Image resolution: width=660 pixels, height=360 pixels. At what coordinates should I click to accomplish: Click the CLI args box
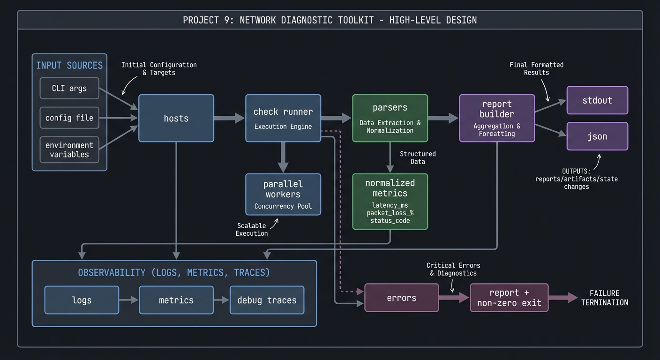point(69,88)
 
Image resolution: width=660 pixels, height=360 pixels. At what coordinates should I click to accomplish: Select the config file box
point(69,118)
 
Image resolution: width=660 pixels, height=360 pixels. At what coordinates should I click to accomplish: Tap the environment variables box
point(69,150)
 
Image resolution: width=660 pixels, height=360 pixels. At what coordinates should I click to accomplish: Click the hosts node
point(176,118)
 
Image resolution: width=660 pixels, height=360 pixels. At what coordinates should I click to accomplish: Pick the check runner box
point(283,118)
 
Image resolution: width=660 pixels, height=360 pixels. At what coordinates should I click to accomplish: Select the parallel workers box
point(283,194)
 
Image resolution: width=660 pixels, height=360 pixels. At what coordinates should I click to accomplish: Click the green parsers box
point(390,118)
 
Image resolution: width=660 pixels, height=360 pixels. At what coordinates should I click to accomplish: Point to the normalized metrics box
point(390,201)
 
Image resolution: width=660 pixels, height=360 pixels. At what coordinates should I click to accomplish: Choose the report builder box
point(497,118)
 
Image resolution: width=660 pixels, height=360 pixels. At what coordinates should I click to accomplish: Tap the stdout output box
point(597,100)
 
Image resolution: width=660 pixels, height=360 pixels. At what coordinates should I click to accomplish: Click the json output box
point(597,136)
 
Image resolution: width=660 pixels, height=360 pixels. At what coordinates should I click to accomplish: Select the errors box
point(401,298)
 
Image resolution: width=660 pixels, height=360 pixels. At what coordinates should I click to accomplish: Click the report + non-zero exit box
point(509,298)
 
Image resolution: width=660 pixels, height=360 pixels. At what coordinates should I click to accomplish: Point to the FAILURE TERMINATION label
point(605,298)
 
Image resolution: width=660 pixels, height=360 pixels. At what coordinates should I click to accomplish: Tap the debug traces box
point(267,300)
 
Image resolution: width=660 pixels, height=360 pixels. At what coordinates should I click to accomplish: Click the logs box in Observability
point(82,300)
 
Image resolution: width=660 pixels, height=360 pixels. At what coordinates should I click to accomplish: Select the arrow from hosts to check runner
point(229,118)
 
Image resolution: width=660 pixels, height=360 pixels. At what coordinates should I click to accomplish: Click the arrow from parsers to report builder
point(443,118)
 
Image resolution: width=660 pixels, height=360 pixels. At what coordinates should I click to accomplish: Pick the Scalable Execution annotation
point(252,229)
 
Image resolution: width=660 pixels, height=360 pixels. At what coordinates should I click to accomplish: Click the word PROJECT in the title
point(200,20)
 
